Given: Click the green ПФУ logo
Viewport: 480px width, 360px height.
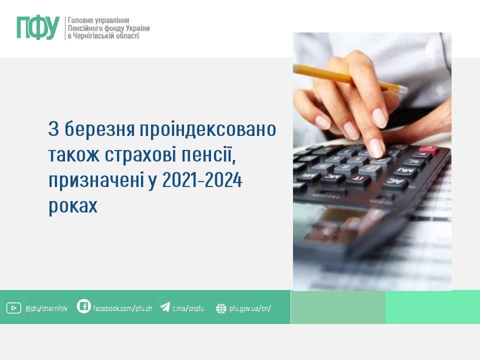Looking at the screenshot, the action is pos(38,28).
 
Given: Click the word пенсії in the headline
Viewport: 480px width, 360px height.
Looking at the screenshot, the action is pos(208,155).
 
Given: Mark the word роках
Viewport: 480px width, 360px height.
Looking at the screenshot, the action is pos(73,205).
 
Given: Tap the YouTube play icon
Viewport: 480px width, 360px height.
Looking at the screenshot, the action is pos(14,308).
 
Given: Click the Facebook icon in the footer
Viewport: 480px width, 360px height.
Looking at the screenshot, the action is pos(83,306).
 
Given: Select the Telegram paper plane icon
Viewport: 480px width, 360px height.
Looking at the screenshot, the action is pos(165,306).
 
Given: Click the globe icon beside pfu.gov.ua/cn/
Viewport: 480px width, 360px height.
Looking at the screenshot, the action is pos(221,308).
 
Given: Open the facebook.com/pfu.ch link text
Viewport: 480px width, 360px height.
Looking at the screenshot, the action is pos(123,308).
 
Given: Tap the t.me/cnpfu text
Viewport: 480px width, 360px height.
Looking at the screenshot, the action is pos(188,308).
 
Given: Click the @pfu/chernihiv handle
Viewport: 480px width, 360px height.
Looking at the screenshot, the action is pos(46,308).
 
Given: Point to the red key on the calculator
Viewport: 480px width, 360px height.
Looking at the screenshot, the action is pos(428,149).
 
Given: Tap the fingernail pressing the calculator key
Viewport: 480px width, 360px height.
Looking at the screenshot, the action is pos(376,148).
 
